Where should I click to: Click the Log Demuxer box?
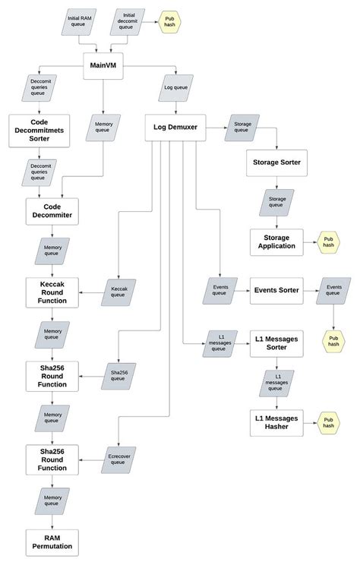coord(176,128)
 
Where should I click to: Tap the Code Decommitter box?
coord(57,210)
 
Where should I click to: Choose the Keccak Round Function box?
coord(57,291)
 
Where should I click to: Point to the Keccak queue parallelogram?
coord(118,292)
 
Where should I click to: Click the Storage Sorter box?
coord(276,162)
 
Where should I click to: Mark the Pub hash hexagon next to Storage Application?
coord(328,245)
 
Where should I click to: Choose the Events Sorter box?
coord(276,289)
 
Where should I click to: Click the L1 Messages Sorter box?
coord(276,342)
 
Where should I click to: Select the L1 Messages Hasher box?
coord(276,422)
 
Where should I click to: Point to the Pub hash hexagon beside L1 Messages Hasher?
coord(328,423)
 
